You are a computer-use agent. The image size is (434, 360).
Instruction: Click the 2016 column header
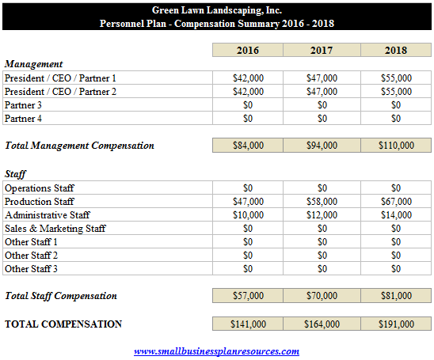248,50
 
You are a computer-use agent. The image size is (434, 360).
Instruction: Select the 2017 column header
322,50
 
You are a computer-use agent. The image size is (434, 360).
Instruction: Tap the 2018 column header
396,50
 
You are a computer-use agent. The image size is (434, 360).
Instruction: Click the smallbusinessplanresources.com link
216,351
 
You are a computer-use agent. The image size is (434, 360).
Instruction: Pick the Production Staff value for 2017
322,201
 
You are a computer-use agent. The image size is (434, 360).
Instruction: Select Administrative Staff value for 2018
396,215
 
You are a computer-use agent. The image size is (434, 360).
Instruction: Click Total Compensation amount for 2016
248,324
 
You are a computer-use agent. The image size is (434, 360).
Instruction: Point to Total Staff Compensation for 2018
396,296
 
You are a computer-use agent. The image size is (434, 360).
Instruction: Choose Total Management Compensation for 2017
322,145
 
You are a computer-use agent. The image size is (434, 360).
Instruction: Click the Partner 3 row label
23,105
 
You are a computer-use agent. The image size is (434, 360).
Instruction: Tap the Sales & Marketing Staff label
55,229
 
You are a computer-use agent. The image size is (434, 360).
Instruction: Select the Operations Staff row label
40,188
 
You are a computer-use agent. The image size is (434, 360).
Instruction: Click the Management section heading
33,64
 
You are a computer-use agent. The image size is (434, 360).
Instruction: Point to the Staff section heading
15,174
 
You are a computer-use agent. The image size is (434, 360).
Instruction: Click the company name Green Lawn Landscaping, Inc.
217,10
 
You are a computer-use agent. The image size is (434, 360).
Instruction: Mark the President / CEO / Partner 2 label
60,92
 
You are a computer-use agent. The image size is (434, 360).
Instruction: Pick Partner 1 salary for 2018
396,78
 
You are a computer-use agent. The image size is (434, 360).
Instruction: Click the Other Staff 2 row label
31,256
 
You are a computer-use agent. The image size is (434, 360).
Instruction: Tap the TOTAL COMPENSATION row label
63,324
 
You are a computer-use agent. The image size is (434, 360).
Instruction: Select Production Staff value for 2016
248,201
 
